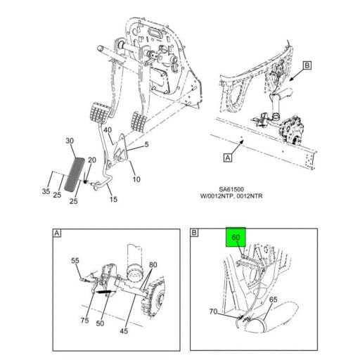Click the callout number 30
[70, 141]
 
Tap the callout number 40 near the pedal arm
[108, 130]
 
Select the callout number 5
[147, 146]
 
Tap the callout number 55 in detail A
[75, 262]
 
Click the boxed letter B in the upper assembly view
[307, 66]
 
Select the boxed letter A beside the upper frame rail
[227, 159]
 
